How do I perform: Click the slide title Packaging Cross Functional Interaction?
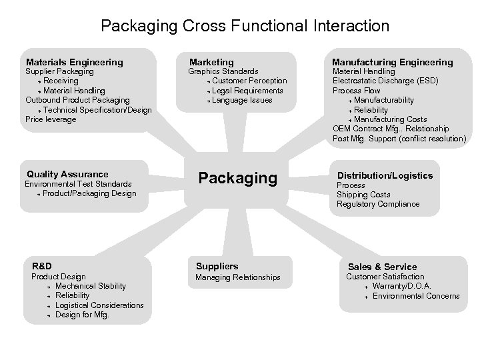[245, 26]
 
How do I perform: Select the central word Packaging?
[238, 178]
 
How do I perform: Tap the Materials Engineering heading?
[74, 62]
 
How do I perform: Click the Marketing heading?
[212, 62]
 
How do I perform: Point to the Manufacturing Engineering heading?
[392, 62]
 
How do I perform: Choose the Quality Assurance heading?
[67, 174]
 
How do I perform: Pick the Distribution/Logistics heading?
[385, 175]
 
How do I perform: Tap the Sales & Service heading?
[382, 267]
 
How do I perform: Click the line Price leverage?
[51, 119]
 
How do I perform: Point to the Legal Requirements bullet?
[247, 91]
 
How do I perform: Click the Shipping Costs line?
[363, 195]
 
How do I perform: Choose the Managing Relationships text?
[238, 277]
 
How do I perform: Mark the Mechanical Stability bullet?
[91, 286]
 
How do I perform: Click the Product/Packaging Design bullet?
[89, 193]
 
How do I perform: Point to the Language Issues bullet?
[242, 100]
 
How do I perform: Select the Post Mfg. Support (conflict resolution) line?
[399, 139]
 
